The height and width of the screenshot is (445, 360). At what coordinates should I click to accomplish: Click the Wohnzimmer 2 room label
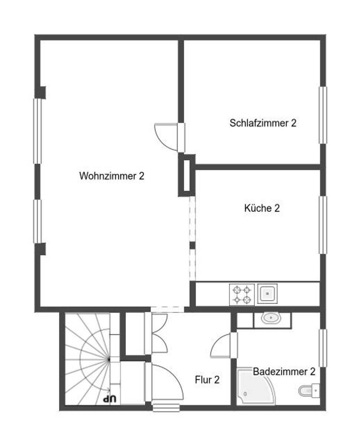[112, 176]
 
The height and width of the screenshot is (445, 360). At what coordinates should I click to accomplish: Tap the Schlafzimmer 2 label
[263, 123]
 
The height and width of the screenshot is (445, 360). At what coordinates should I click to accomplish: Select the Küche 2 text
[262, 208]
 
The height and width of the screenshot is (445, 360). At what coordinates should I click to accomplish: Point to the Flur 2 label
[207, 380]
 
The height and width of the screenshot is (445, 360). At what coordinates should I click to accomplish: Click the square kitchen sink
[267, 294]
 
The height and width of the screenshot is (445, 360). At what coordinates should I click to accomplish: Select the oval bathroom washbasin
[271, 318]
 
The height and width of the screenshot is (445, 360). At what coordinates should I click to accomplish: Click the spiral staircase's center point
[109, 360]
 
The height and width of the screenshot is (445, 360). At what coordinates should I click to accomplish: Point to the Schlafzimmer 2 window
[323, 115]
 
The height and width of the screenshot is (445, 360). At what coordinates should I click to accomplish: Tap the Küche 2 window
[323, 225]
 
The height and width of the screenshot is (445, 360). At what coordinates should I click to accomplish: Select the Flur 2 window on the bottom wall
[166, 408]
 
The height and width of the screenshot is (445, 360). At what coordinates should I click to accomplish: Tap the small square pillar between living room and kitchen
[192, 245]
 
